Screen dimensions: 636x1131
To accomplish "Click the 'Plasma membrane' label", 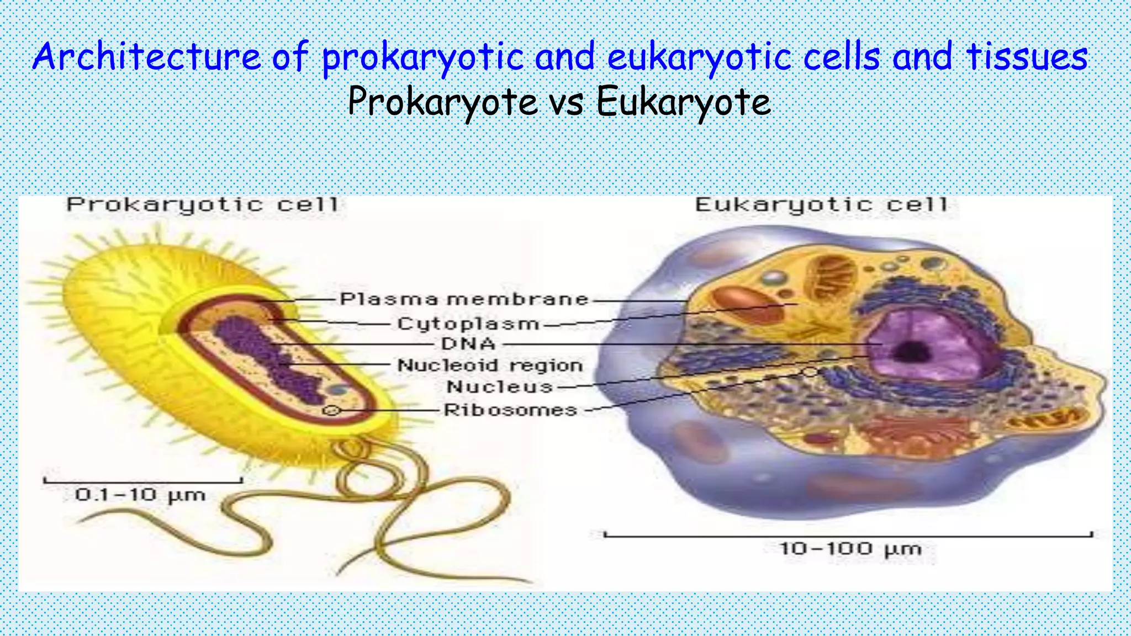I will (464, 299).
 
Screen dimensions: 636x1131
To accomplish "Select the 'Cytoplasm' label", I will (468, 324).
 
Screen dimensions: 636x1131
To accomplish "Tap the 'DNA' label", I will (468, 344).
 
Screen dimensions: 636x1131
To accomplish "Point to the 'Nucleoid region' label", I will (490, 365).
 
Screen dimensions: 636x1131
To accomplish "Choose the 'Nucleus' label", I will (500, 386).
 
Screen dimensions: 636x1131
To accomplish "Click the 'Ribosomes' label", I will (511, 410).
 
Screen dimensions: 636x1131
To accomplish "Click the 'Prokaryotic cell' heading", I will (202, 205).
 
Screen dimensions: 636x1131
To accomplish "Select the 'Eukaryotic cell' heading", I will (821, 205).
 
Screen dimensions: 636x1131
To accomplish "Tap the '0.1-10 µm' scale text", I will (140, 495).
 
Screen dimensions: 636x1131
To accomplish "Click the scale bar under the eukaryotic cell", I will (848, 535).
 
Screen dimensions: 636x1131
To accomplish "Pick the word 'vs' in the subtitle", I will (567, 103).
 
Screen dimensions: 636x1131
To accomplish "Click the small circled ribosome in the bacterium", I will (331, 410).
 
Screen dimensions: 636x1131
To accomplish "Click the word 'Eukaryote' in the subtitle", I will (684, 103).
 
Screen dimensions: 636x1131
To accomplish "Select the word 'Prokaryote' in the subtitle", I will (442, 103).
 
